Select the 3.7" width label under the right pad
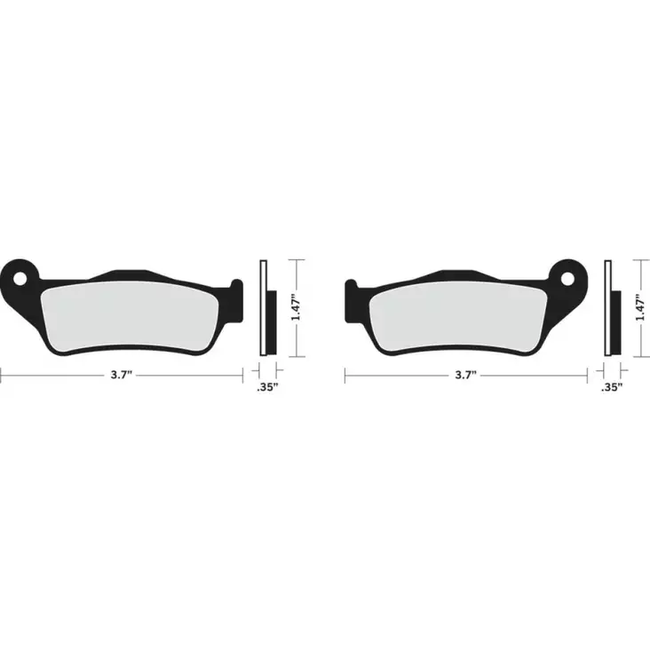click(x=464, y=376)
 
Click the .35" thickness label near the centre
click(x=267, y=388)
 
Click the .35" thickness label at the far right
click(x=611, y=388)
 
